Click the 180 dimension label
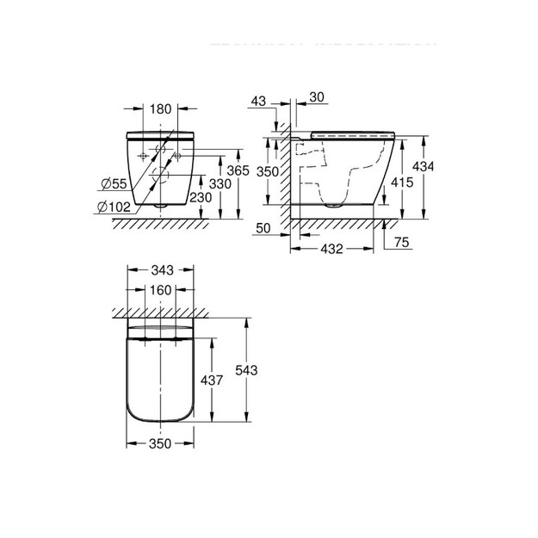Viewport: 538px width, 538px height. point(160,109)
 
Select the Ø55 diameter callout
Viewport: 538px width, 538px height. point(114,184)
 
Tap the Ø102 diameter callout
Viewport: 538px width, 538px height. point(114,207)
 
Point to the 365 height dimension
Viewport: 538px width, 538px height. point(238,170)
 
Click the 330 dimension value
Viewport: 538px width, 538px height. point(220,184)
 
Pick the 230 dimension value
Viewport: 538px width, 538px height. point(201,198)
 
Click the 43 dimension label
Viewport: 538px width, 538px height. point(258,102)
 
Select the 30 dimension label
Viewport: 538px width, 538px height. point(317,97)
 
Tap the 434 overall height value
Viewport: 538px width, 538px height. point(423,167)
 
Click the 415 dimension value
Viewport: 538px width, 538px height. point(402,182)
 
